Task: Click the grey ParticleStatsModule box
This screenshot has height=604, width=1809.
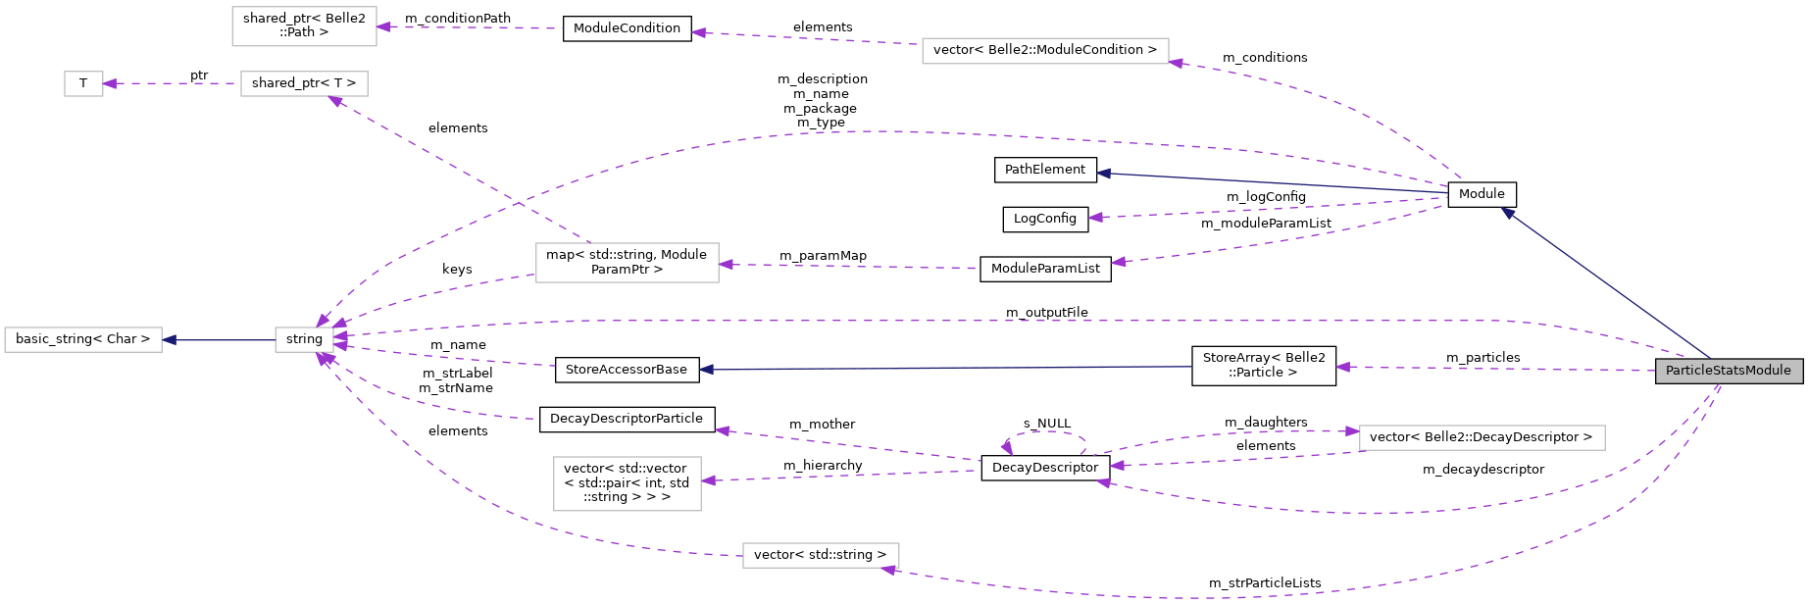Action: [x=1729, y=371]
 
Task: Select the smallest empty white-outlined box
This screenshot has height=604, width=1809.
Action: [x=83, y=84]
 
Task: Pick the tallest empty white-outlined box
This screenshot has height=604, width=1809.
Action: [x=628, y=483]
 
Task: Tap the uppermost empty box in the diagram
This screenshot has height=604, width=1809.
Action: [x=304, y=26]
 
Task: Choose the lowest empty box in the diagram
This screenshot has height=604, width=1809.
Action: [x=821, y=555]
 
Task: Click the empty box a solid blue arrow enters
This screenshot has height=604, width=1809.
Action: [x=83, y=340]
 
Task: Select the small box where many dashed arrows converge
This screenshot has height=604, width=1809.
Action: [x=304, y=340]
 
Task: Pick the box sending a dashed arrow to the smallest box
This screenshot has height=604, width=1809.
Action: [x=304, y=84]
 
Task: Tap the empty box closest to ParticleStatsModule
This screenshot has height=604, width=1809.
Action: [x=1482, y=437]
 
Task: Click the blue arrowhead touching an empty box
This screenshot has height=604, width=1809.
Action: [x=170, y=340]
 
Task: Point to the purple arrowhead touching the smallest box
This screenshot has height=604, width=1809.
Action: [x=110, y=84]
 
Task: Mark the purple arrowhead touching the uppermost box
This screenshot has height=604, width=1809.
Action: [x=383, y=27]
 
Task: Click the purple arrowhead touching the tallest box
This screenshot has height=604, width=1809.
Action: [x=709, y=480]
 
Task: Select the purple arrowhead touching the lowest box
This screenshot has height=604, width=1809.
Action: [x=888, y=570]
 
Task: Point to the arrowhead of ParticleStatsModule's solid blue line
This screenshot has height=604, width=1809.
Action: [x=1507, y=212]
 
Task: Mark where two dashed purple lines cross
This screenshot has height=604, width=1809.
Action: [x=519, y=203]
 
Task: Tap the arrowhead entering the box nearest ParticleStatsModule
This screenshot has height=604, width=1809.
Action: [x=1352, y=431]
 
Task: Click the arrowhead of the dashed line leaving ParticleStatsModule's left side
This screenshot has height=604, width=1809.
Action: [x=1342, y=368]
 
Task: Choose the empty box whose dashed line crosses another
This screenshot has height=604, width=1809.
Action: [x=628, y=263]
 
